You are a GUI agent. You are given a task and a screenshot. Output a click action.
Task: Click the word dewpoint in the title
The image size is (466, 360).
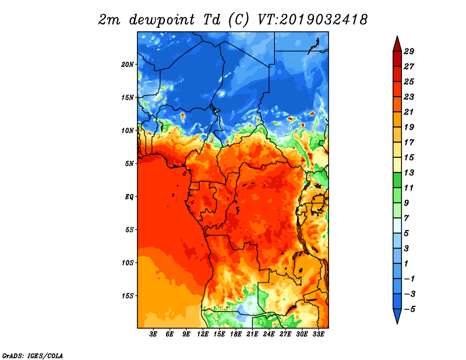click(x=162, y=20)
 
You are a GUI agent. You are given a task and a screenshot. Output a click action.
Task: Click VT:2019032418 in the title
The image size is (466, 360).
click(x=312, y=20)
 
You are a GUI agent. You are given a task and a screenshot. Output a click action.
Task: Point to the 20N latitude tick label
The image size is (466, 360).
click(x=128, y=65)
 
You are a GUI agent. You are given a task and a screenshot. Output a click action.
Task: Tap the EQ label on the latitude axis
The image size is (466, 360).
click(x=129, y=197)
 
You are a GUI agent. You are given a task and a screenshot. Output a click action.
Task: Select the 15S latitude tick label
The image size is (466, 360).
click(x=128, y=296)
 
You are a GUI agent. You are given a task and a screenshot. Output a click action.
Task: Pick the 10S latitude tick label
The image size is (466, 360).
click(x=128, y=263)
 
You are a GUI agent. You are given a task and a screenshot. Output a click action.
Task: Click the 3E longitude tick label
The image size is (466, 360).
click(x=153, y=334)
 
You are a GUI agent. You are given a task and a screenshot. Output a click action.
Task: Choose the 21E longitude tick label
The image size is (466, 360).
click(x=252, y=334)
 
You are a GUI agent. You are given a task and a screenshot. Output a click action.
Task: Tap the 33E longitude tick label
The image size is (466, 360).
click(x=318, y=334)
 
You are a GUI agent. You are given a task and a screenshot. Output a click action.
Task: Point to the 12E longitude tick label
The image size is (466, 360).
click(x=203, y=334)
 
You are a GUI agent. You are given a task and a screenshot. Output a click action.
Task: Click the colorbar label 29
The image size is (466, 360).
click(x=409, y=51)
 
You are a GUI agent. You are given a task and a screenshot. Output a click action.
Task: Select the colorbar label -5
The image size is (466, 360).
click(x=409, y=309)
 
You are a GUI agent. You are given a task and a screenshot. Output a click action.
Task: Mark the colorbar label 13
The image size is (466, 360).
click(x=409, y=172)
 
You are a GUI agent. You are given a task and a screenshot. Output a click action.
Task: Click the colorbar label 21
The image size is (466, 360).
click(x=409, y=112)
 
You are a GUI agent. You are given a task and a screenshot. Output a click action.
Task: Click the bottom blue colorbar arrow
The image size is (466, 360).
click(x=397, y=315)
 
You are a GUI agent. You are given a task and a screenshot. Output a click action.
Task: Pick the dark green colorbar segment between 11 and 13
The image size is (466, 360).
click(x=397, y=180)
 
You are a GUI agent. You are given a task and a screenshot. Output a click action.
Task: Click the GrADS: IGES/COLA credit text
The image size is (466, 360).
click(x=33, y=355)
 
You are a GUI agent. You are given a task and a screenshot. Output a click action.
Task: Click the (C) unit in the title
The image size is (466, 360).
click(x=238, y=20)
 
